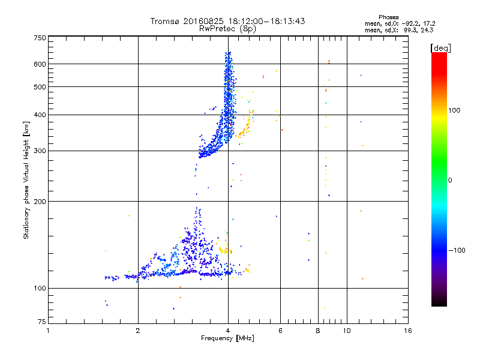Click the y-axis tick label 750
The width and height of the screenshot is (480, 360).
pos(40,38)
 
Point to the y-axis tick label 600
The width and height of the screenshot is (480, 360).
pos(40,64)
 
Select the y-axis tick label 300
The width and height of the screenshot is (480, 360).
pos(40,151)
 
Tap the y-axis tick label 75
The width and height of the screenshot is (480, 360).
pos(41,323)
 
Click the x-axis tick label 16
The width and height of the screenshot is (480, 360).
pos(407,331)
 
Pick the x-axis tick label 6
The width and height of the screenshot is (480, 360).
pos(280,331)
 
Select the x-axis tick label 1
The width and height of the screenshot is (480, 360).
pos(49,331)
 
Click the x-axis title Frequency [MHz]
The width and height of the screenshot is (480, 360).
pos(227,339)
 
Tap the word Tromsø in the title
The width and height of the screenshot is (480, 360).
pos(164,21)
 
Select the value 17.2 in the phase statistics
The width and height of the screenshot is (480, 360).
pos(427,23)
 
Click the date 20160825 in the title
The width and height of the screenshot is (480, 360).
pos(204,21)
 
